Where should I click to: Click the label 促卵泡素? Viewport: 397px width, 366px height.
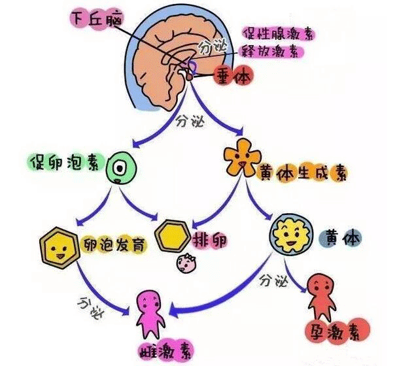pyautogui.click(x=63, y=162)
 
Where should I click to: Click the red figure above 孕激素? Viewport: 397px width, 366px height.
pyautogui.click(x=324, y=291)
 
